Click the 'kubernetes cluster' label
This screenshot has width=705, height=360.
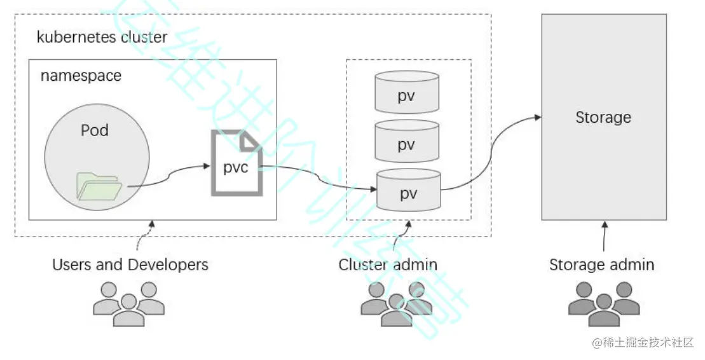[102, 36]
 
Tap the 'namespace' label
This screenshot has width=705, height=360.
[81, 76]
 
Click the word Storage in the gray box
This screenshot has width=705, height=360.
[603, 118]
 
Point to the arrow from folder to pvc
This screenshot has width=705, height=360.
[168, 177]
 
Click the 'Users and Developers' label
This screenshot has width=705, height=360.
[130, 264]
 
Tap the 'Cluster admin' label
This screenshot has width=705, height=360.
[388, 264]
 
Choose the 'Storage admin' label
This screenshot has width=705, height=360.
[601, 264]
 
